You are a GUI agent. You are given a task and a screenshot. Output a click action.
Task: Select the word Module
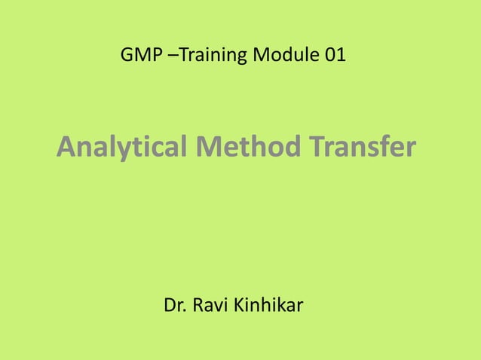(286, 55)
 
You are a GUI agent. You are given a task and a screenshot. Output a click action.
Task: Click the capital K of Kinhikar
(242, 307)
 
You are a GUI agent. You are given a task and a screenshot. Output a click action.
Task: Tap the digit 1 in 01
(342, 55)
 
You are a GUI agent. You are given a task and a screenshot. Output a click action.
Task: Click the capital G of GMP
(126, 55)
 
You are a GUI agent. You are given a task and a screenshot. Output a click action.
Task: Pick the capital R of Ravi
(200, 307)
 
